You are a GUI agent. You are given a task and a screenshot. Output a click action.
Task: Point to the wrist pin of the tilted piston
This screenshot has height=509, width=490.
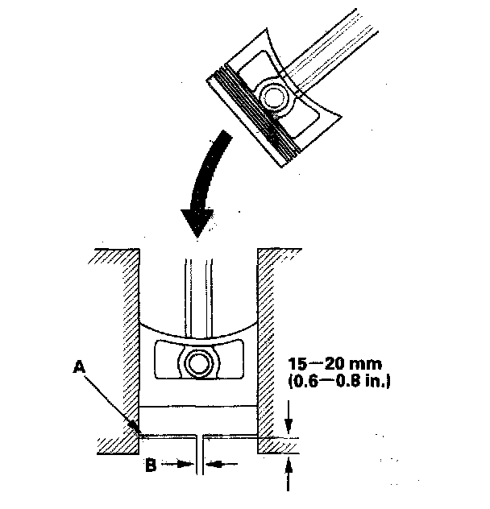pos(272,97)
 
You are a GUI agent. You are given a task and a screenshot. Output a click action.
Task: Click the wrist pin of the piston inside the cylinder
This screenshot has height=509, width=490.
pos(197,363)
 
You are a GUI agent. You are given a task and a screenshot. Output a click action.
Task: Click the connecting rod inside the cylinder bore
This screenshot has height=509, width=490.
pos(197,290)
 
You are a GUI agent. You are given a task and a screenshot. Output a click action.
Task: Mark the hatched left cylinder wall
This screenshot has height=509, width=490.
pos(121,346)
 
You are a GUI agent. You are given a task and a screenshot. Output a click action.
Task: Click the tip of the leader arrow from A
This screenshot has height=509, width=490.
pos(136,433)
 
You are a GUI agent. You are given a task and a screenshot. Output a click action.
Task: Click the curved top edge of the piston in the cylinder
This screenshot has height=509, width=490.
pos(197,330)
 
